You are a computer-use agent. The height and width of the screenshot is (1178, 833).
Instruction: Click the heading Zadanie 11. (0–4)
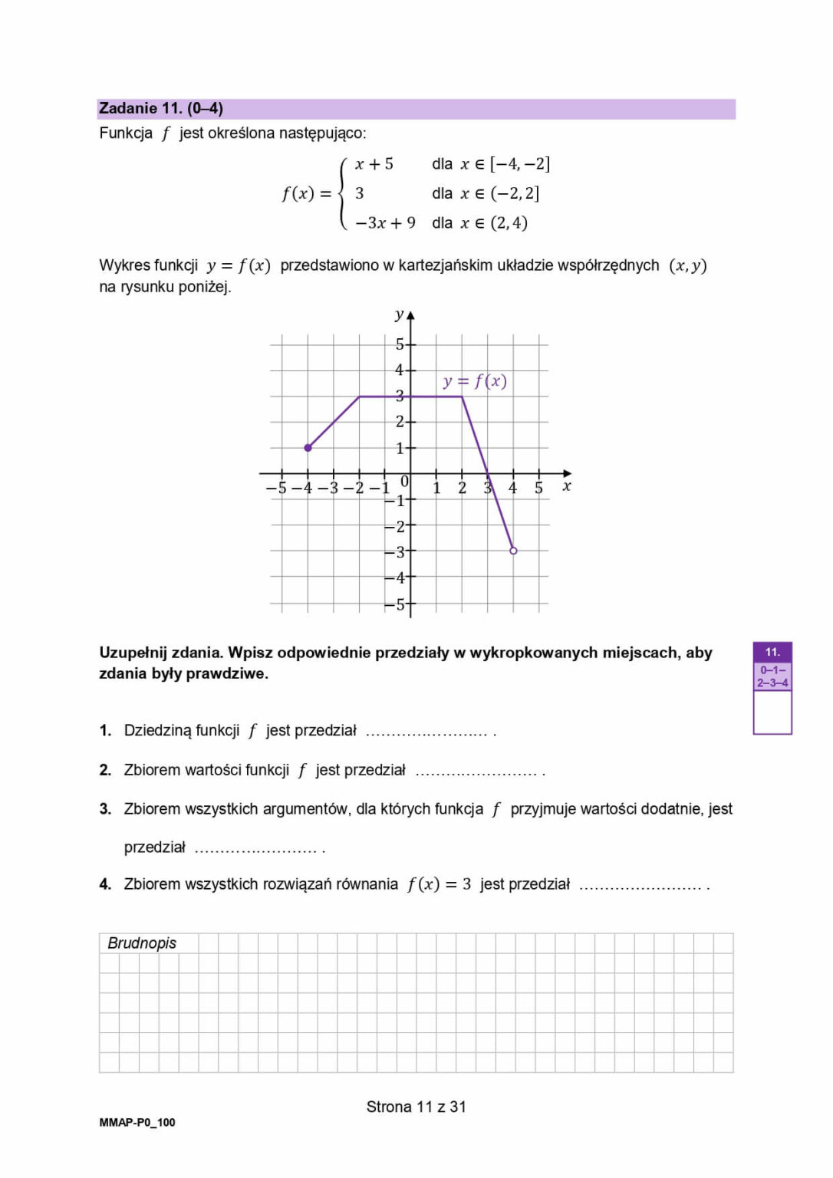[x=161, y=108]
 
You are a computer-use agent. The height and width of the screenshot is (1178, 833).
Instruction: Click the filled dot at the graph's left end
[x=308, y=448]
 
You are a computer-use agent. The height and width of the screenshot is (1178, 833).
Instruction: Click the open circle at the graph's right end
[x=513, y=551]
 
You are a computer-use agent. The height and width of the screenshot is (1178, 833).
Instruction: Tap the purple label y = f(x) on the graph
[x=475, y=381]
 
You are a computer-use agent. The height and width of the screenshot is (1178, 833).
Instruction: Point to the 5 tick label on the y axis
[x=400, y=344]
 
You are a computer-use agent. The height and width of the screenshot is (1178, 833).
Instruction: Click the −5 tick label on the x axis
[x=276, y=489]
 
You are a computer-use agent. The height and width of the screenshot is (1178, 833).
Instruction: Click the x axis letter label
[x=567, y=486]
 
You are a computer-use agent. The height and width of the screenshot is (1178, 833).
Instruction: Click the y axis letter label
[x=399, y=314]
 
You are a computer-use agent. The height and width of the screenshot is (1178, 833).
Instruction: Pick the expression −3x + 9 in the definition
[x=385, y=223]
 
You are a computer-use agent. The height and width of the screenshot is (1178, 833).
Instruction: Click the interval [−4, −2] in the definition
[x=520, y=164]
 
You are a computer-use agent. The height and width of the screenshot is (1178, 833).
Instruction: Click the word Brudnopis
[x=142, y=943]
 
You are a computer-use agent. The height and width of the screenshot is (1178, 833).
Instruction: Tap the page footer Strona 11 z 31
[x=416, y=1107]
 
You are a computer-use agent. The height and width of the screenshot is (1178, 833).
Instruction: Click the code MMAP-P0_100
[x=137, y=1123]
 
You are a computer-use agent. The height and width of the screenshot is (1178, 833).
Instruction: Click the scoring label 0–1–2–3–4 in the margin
[x=772, y=676]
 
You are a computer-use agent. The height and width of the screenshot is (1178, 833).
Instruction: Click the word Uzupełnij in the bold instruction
[x=132, y=653]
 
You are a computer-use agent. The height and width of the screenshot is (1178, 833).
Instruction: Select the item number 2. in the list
[x=105, y=770]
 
